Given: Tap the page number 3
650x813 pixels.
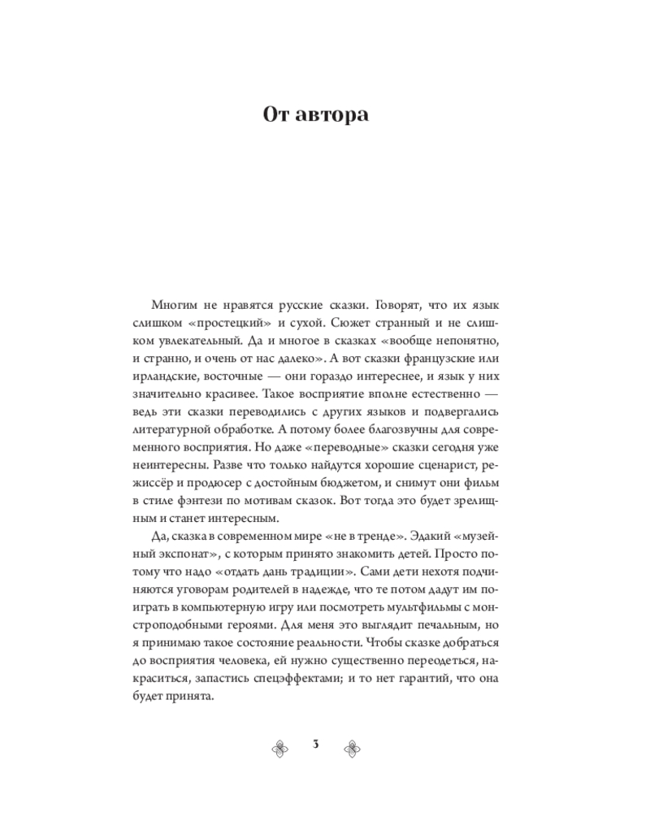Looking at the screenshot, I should click(x=316, y=744).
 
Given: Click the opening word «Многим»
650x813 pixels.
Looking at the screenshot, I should click(x=175, y=305).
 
